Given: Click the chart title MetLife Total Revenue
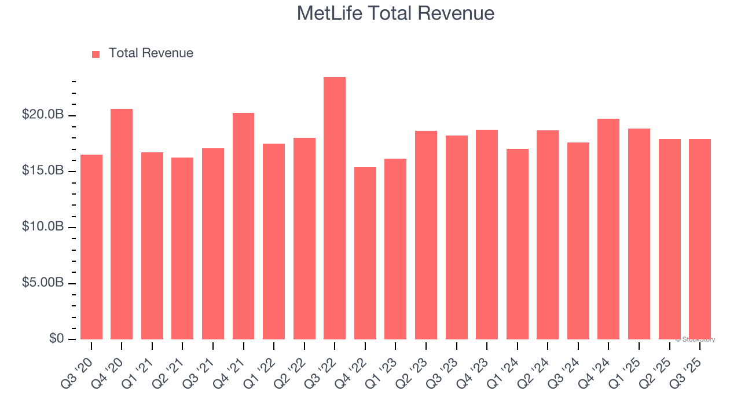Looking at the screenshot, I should point(395,13).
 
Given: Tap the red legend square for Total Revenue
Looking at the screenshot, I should point(96,54).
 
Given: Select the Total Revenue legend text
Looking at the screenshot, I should point(151,53).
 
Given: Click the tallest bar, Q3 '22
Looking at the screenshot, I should point(335,209).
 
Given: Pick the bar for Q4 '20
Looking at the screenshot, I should point(122,224).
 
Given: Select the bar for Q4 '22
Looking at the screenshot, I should point(365,253).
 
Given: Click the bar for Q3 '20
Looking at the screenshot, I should point(91,247).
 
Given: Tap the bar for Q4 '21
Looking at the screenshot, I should point(243,226).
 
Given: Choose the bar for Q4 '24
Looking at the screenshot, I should point(608,229).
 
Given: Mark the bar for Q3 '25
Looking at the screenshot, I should point(700,239).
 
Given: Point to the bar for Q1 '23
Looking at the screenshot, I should point(395,249).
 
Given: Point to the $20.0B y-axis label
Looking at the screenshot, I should point(43,115).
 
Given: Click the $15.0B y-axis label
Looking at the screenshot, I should point(43,171).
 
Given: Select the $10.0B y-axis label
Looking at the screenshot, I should point(43,227).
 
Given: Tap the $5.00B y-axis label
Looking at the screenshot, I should point(43,283).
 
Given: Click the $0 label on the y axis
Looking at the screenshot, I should point(56,339).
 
